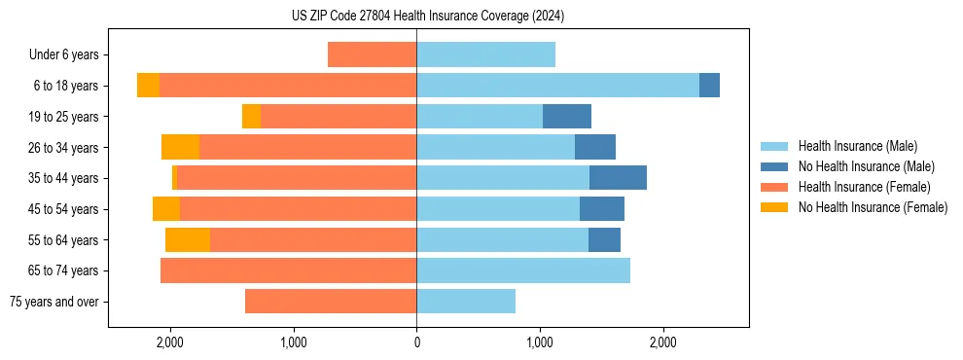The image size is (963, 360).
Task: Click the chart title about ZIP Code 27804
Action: [428, 16]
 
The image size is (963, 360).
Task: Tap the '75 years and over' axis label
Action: [53, 302]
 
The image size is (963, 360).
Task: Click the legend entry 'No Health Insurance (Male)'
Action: [866, 166]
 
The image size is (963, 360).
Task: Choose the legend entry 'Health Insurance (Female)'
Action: [864, 187]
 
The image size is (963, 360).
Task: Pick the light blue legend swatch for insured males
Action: [775, 146]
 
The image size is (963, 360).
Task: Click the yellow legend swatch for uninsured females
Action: [775, 207]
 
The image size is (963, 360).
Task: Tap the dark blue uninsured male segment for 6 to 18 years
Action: [709, 86]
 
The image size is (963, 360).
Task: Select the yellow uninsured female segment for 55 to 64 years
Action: [188, 239]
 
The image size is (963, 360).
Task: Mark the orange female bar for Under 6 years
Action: [372, 54]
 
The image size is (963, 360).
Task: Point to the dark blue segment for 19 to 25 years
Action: [567, 117]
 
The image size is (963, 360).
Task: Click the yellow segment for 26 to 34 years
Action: [180, 147]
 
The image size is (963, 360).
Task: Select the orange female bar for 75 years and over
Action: [331, 302]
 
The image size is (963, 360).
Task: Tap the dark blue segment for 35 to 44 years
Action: [618, 178]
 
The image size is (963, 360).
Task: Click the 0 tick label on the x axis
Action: [416, 342]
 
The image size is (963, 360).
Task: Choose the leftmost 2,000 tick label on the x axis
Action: [170, 342]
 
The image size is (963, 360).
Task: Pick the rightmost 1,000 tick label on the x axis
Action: [540, 342]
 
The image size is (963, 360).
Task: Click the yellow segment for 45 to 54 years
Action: [166, 209]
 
